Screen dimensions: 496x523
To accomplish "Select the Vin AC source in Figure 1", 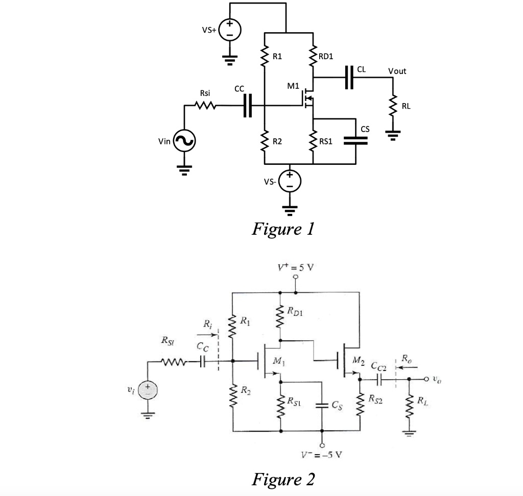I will click(x=184, y=141).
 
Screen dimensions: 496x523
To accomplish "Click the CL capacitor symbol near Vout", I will click(x=349, y=78).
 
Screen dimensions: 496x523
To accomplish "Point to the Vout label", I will click(x=397, y=71).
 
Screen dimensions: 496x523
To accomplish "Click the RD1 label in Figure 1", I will click(x=327, y=56).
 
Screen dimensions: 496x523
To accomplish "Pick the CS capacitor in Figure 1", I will click(x=355, y=141).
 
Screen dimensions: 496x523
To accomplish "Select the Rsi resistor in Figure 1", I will click(x=205, y=106).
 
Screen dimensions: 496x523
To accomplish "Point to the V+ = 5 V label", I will click(x=296, y=267).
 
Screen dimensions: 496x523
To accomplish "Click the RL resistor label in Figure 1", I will click(x=406, y=106).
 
